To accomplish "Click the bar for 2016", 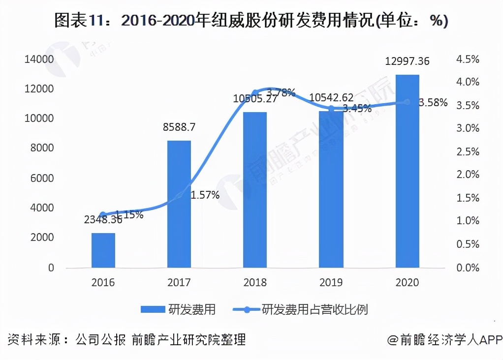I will (103, 250).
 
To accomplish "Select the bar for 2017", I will (179, 204).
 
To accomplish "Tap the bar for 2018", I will (255, 190).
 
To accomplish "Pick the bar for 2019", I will (331, 189).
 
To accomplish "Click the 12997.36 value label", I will (407, 61).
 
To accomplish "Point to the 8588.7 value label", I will (179, 127).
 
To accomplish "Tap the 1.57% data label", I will (205, 195).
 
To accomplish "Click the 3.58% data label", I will (433, 103).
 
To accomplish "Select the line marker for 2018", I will (255, 92).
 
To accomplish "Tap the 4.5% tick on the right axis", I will (468, 59).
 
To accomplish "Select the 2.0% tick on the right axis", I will (468, 175).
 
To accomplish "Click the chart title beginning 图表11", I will (251, 21).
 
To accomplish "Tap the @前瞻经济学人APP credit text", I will (443, 340).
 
